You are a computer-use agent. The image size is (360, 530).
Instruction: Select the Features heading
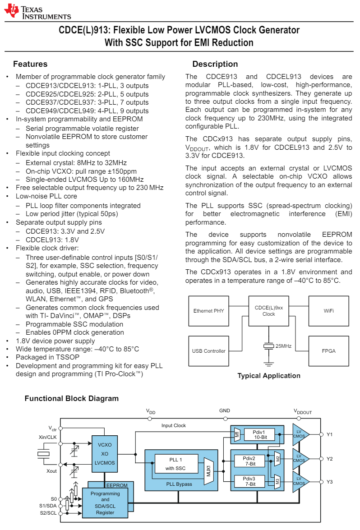[30, 64]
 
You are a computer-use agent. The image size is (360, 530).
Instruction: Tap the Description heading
[215, 64]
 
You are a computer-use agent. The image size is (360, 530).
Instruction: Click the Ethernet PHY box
[208, 311]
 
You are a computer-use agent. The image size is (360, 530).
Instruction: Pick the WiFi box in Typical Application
[328, 311]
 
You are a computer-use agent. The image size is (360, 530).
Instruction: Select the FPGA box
[328, 351]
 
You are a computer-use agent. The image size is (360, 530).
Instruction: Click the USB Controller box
[208, 351]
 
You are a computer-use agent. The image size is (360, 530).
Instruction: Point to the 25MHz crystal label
[283, 346]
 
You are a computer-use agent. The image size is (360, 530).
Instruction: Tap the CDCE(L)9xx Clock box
[268, 311]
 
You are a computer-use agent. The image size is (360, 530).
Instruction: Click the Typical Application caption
[268, 376]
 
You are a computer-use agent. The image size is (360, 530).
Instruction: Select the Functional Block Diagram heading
[71, 399]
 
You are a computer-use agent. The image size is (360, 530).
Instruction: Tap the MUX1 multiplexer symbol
[209, 471]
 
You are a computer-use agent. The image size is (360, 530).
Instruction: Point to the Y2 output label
[330, 459]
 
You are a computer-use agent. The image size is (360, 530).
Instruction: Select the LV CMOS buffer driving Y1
[299, 434]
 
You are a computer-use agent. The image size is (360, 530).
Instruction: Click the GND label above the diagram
[225, 411]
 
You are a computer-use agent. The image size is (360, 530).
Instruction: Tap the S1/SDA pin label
[48, 506]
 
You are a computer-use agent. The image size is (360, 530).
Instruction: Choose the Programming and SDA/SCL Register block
[105, 503]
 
